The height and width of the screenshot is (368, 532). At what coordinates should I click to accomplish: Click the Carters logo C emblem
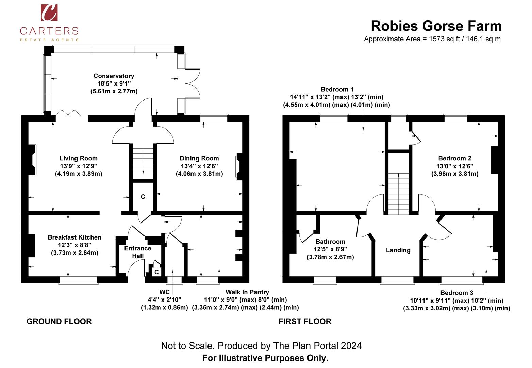(49, 13)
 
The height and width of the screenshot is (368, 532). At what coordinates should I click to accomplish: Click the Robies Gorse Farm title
(436, 26)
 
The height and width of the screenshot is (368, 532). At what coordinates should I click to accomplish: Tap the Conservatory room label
(114, 76)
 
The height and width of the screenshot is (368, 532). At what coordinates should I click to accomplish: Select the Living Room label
(78, 158)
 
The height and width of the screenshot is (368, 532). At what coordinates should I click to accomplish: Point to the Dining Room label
(199, 158)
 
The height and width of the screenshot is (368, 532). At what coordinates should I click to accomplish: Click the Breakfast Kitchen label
(74, 237)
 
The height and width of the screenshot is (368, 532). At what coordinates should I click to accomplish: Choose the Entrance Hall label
(137, 252)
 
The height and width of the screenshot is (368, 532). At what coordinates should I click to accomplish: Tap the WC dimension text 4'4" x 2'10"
(164, 300)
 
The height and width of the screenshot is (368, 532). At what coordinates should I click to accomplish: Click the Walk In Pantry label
(247, 292)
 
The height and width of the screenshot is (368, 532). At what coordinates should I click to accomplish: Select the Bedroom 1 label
(337, 90)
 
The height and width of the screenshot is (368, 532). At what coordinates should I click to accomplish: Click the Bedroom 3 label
(456, 293)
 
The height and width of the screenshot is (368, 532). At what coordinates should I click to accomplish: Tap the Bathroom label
(330, 242)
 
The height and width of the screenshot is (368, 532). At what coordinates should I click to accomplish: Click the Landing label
(398, 250)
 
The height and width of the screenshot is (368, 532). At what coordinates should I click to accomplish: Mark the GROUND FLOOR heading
(59, 321)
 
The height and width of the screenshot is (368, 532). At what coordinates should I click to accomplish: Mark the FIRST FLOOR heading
(305, 321)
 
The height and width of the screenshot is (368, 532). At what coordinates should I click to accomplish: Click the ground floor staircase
(143, 163)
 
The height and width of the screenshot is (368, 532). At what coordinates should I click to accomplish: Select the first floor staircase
(399, 194)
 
